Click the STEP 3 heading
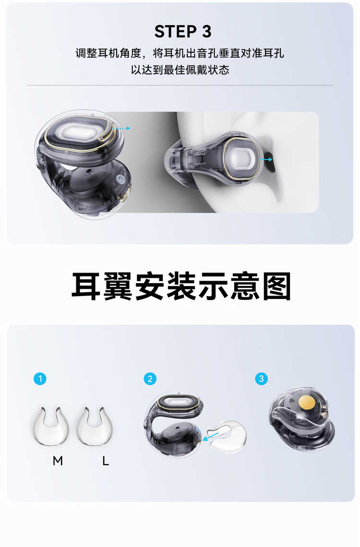183,32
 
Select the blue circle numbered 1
40,379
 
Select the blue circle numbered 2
150,379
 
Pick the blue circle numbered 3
262,379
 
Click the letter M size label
58,461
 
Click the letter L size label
106,461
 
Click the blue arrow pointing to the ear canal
266,159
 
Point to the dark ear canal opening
270,162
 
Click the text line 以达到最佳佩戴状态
180,70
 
